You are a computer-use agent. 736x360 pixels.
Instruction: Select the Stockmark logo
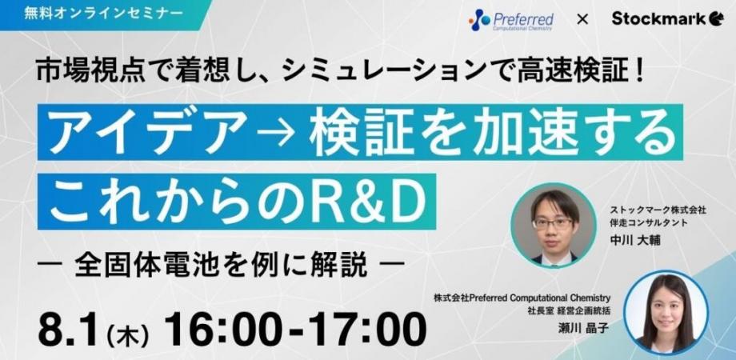(667, 18)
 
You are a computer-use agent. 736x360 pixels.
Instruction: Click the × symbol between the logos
(582, 18)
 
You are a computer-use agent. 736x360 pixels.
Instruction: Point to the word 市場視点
(83, 73)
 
